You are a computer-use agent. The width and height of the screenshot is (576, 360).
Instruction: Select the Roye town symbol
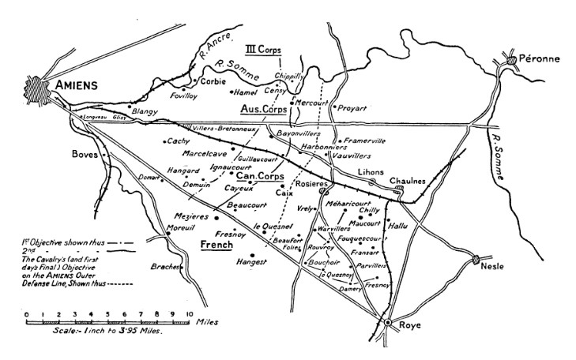click(388, 322)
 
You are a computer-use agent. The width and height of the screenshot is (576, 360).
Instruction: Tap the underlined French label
click(216, 244)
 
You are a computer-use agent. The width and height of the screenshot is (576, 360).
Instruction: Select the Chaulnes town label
click(409, 181)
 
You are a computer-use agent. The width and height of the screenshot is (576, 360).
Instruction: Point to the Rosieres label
click(314, 183)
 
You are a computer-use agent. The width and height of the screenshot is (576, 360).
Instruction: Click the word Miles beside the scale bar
click(209, 322)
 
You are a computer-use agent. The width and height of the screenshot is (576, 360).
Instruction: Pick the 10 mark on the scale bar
click(189, 313)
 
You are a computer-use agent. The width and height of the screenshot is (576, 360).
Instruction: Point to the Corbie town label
click(213, 81)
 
